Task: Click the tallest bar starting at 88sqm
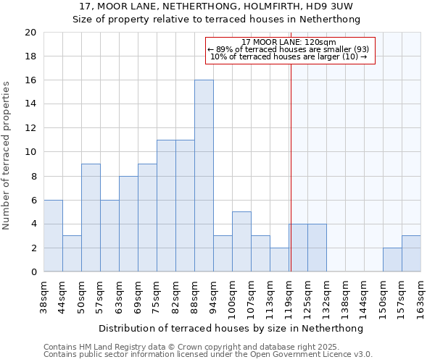[204, 176]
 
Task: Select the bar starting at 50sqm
[91, 218]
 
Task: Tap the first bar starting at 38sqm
[53, 236]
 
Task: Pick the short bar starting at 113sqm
[279, 260]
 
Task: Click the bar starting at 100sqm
[241, 242]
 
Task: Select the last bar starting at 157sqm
[411, 254]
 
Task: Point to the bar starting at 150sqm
[392, 260]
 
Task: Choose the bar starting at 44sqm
[72, 254]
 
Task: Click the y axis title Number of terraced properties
[7, 155]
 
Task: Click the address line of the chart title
[216, 7]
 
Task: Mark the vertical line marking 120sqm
[291, 167]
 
